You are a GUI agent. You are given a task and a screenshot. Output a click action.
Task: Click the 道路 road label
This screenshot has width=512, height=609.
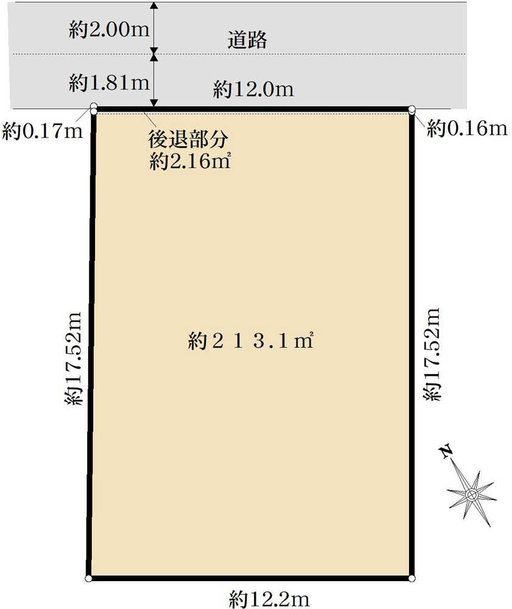coord(248,40)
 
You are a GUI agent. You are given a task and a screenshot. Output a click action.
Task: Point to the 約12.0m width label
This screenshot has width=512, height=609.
coord(253,90)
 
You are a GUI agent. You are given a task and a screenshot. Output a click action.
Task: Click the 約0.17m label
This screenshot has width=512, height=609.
coord(42,130)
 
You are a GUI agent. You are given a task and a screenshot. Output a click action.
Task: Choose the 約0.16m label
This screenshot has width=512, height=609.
coord(466,128)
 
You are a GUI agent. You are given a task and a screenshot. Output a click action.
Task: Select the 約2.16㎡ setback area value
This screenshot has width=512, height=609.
coord(189,161)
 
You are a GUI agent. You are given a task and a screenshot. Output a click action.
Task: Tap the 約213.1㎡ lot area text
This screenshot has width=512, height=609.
coord(251,342)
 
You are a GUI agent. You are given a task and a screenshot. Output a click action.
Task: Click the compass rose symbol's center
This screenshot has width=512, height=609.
coord(471,495)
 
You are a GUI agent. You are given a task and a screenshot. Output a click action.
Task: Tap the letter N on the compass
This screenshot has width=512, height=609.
coord(447,451)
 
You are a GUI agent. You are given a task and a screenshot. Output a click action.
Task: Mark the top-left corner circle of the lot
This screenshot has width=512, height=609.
coord(93,108)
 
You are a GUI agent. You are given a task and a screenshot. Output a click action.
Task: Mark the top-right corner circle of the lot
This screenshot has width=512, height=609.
coord(412,110)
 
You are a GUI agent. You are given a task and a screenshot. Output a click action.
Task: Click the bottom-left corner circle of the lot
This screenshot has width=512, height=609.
coord(88,578)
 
